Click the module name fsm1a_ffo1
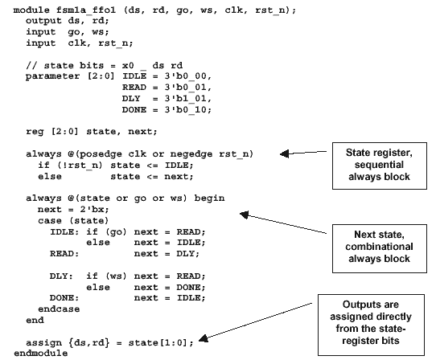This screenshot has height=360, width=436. [86, 10]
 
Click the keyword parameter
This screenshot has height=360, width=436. [52, 76]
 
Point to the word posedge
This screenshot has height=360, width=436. [101, 154]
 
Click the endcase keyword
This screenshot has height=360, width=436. [59, 309]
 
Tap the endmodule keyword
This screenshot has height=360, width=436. [40, 353]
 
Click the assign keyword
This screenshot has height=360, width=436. [43, 342]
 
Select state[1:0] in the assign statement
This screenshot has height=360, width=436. [158, 342]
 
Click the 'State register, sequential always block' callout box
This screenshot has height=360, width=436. [380, 166]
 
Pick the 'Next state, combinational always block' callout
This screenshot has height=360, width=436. [380, 248]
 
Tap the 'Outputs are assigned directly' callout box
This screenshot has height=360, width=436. [371, 325]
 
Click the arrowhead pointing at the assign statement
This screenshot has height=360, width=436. [204, 338]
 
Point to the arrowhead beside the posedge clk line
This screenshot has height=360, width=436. [284, 153]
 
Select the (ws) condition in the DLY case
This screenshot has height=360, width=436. [116, 276]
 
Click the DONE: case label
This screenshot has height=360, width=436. [64, 298]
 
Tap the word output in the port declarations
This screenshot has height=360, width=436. [43, 21]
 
